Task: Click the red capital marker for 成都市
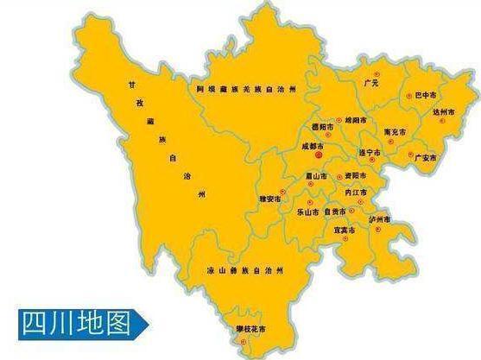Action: (x=318, y=158)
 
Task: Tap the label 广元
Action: (x=372, y=83)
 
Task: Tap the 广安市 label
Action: (x=426, y=158)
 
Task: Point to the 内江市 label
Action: (x=356, y=192)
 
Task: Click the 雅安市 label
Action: (x=271, y=198)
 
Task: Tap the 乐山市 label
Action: (x=307, y=212)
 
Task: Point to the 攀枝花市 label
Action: (x=250, y=329)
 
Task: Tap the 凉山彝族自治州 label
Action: (x=250, y=270)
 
